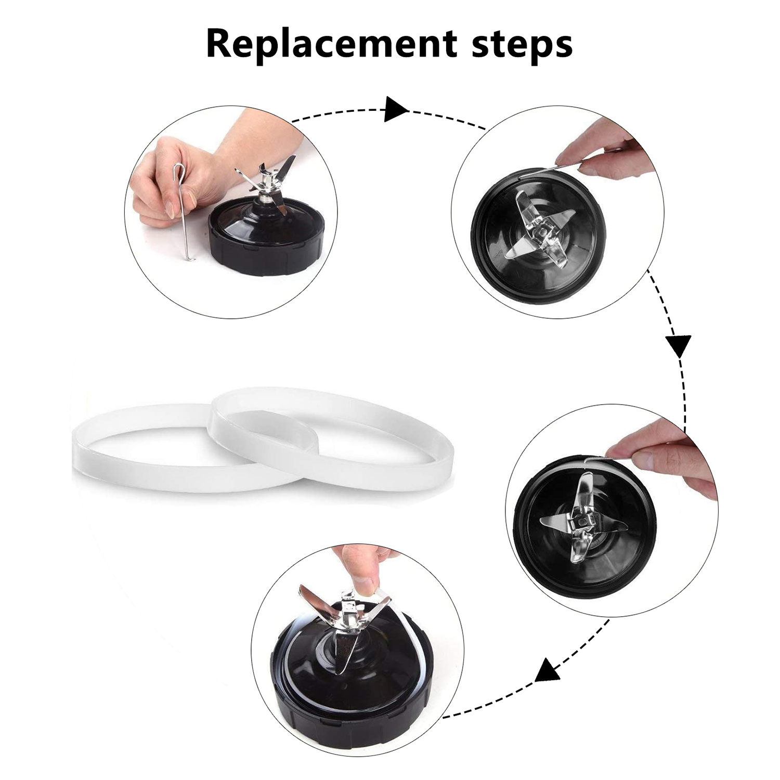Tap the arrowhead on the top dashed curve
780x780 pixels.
(397, 109)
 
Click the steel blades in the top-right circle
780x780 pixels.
(541, 224)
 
